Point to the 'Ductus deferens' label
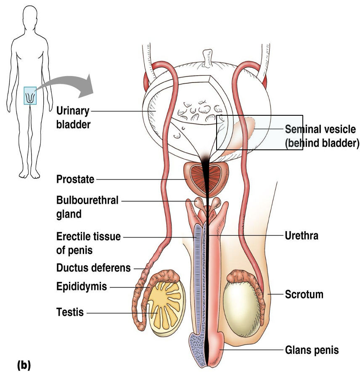93,268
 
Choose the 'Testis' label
70,312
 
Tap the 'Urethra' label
302,236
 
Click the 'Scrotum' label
304,294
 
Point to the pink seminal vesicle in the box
242,130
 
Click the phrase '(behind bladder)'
322,143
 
